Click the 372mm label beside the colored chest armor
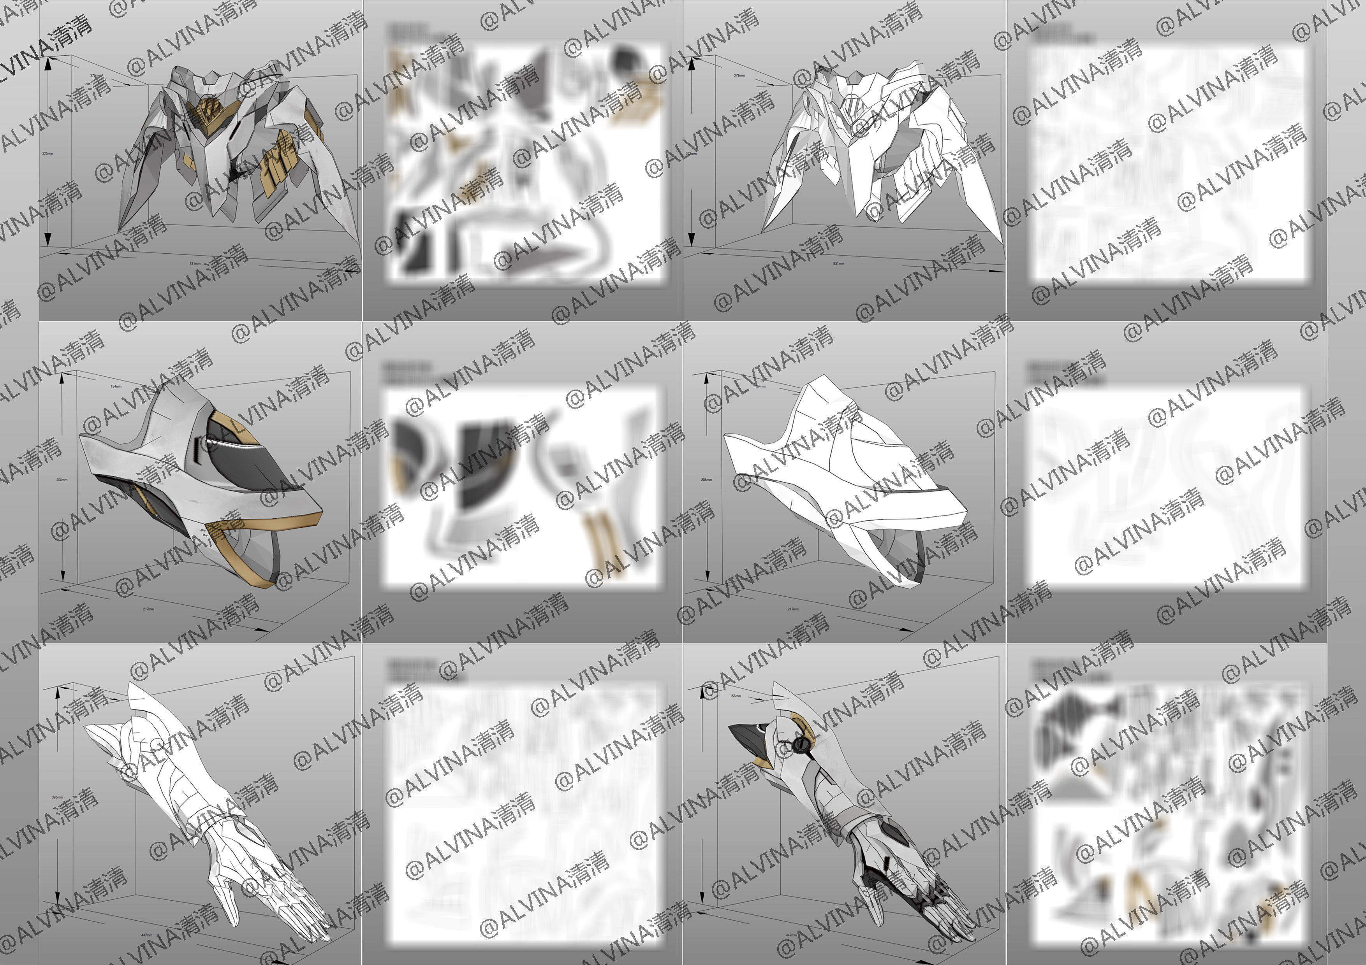point(47,153)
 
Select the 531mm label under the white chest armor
point(839,263)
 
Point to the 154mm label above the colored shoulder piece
point(116,386)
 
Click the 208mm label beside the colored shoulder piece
point(61,479)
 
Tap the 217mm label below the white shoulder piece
point(793,609)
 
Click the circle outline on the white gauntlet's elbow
point(155,744)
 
